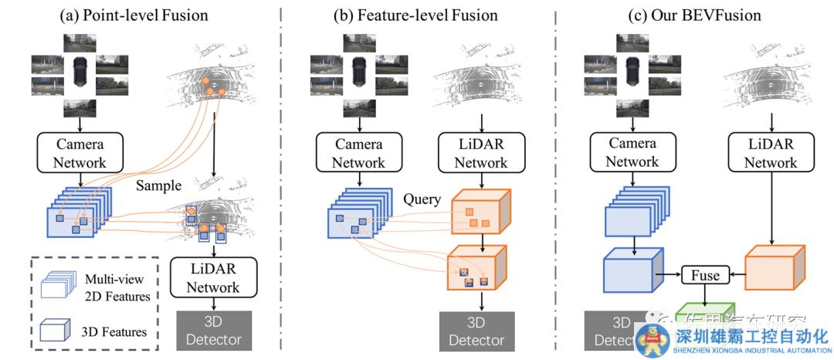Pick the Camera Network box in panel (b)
pyautogui.click(x=358, y=152)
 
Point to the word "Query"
pyautogui.click(x=421, y=199)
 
